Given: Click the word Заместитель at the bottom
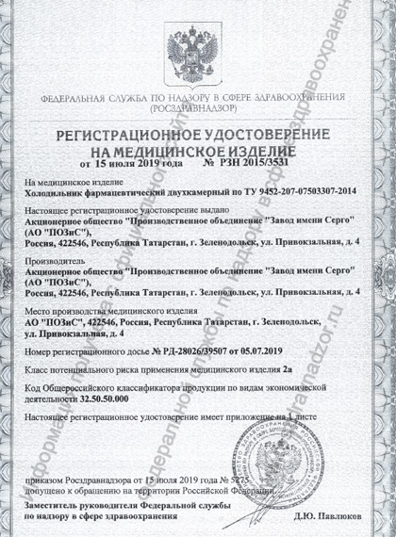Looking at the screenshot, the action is click(x=59, y=505).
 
